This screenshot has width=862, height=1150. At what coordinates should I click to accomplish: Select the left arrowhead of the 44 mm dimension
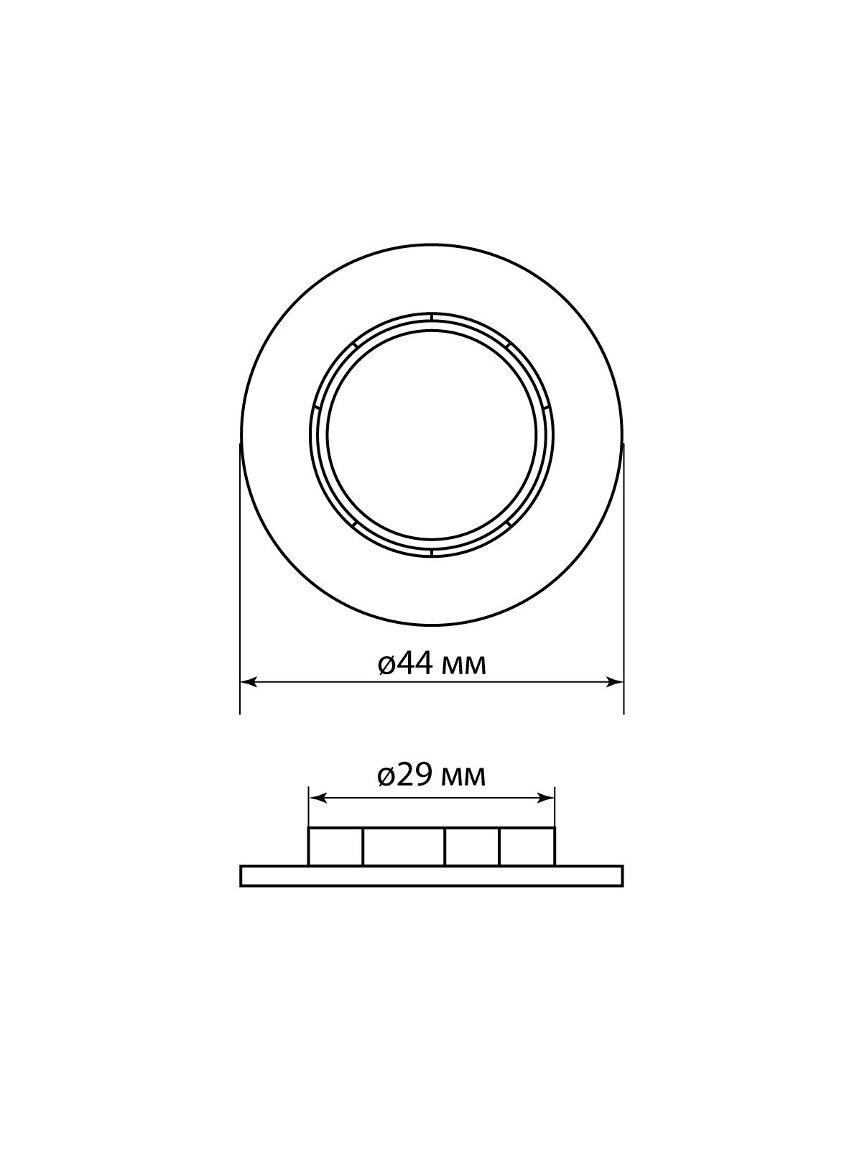click(248, 682)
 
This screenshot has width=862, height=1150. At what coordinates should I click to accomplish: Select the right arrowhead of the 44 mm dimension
click(614, 682)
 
